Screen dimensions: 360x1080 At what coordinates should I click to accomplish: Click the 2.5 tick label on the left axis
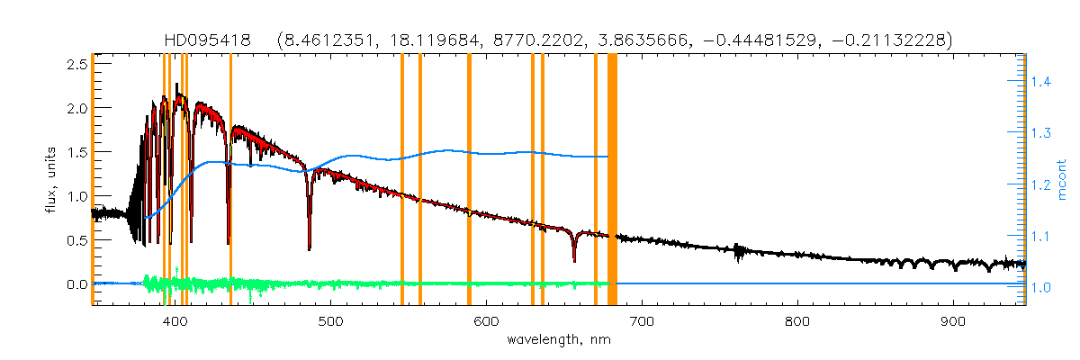pyautogui.click(x=74, y=64)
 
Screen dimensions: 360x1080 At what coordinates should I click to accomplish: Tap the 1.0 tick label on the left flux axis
pyautogui.click(x=74, y=196)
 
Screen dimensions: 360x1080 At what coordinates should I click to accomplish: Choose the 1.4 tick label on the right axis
pyautogui.click(x=1041, y=82)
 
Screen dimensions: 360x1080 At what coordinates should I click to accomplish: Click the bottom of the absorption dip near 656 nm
pyautogui.click(x=574, y=261)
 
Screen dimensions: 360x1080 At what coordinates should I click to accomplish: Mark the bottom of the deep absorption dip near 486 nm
pyautogui.click(x=310, y=247)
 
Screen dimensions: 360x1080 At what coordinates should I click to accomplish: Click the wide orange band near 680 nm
pyautogui.click(x=612, y=180)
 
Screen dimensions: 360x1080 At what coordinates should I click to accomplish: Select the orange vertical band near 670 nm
pyautogui.click(x=596, y=180)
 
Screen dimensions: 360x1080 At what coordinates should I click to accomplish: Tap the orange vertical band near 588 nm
pyautogui.click(x=469, y=180)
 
